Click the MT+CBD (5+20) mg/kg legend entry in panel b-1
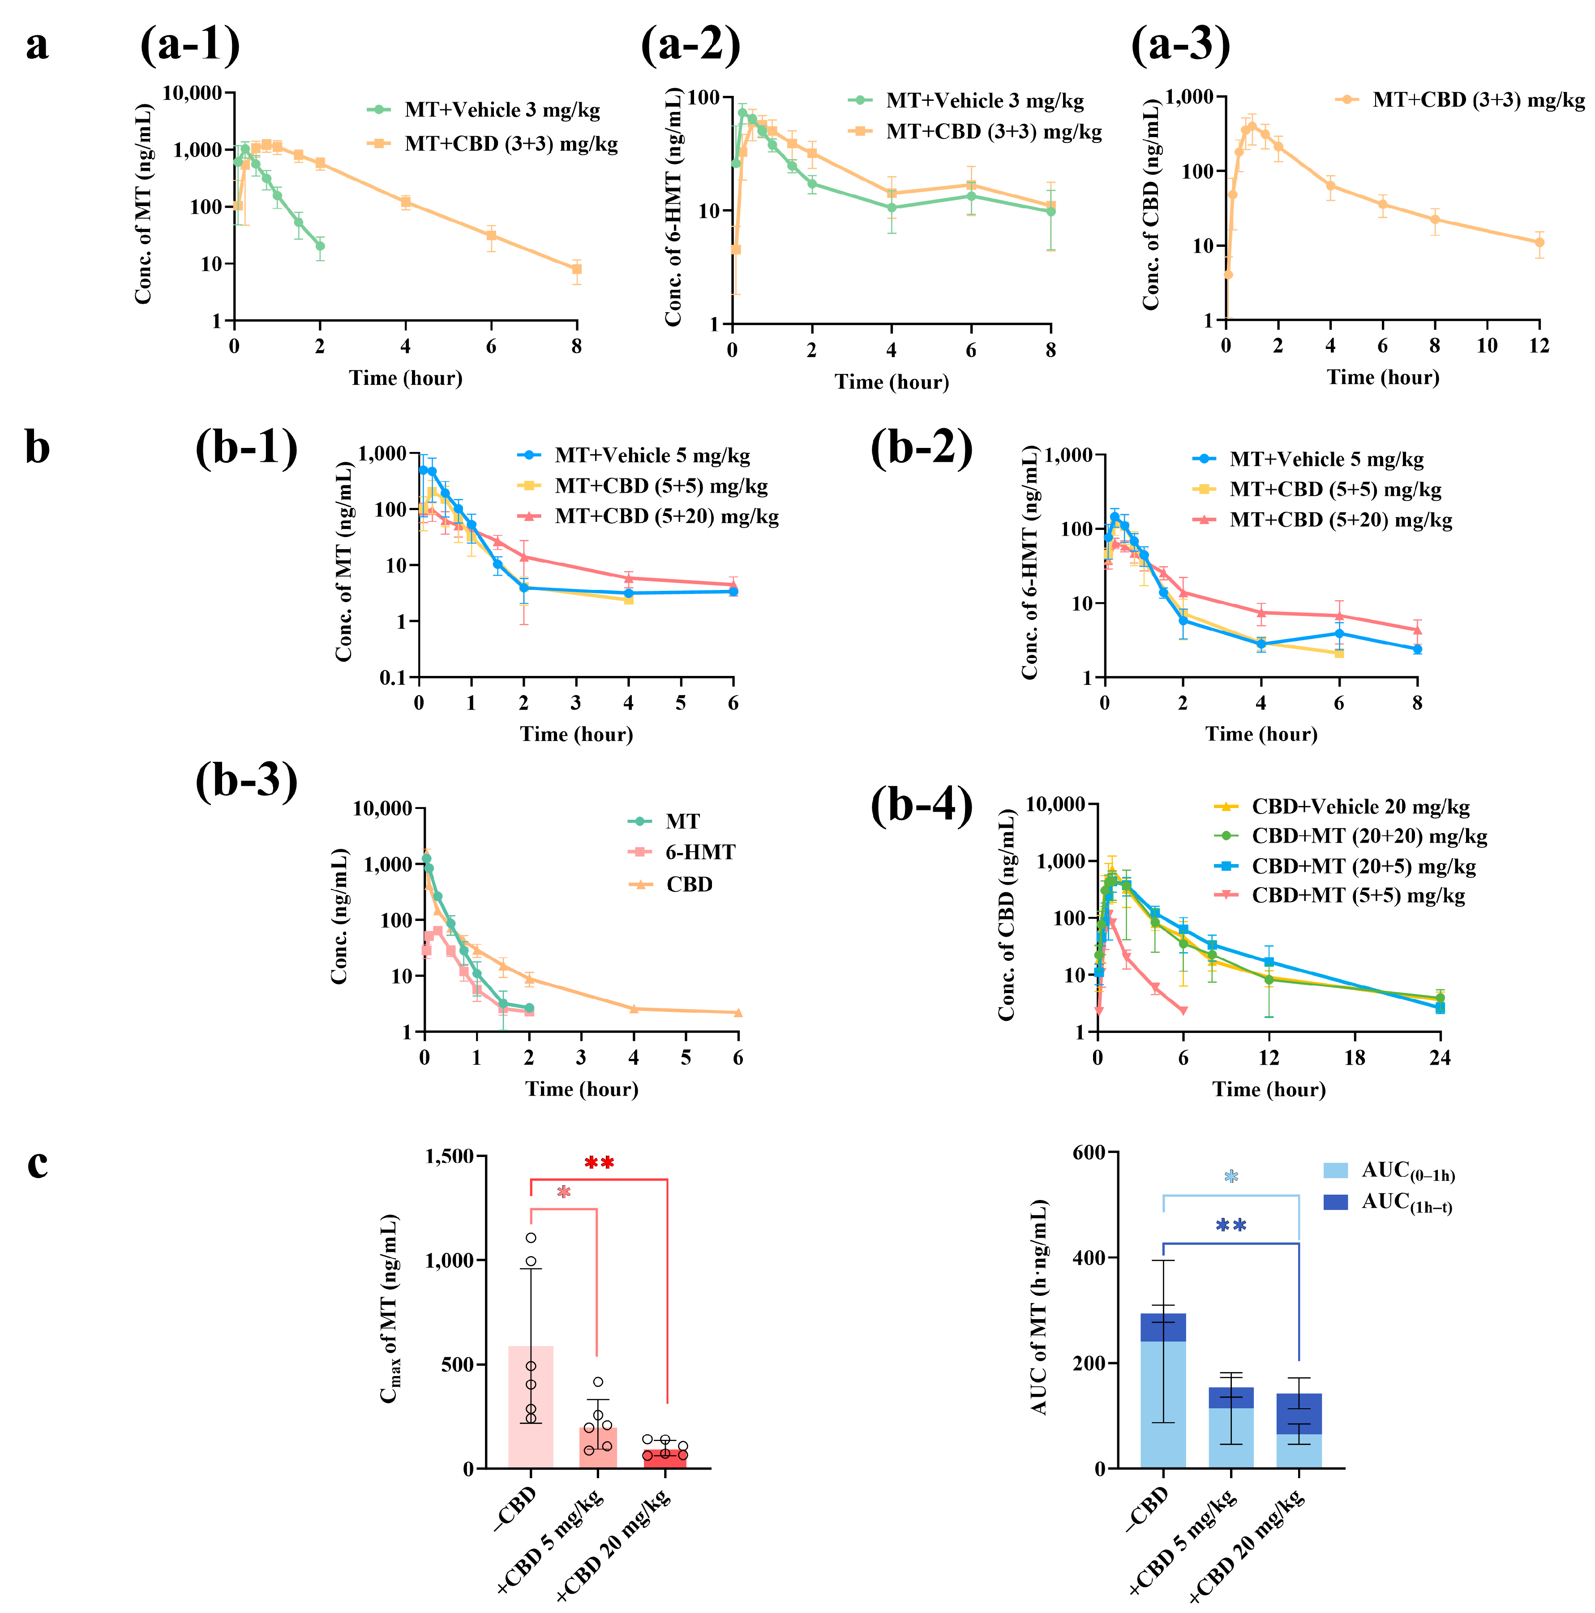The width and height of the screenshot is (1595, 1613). point(666,517)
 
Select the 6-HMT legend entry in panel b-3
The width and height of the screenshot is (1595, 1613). point(699,852)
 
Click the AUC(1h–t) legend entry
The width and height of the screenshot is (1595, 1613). point(1406,1203)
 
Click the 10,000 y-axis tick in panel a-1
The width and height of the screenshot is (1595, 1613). point(192,93)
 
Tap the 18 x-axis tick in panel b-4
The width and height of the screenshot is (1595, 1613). point(1354,1058)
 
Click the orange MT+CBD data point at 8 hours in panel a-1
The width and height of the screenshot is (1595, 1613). point(576,269)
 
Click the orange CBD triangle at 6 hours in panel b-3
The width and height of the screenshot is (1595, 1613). point(738,1013)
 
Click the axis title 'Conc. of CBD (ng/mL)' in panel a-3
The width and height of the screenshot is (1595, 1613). point(1152,205)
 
